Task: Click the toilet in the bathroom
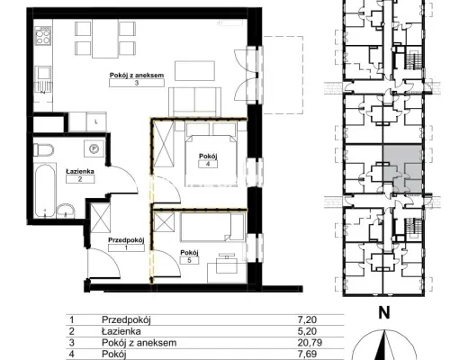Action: click(43, 149)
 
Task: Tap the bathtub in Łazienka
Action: click(45, 190)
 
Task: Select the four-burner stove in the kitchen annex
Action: click(43, 35)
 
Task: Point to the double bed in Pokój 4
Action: click(211, 160)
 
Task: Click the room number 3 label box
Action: click(137, 83)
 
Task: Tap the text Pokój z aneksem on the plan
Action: click(137, 75)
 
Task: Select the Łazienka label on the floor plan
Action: click(80, 171)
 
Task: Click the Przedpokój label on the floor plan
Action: click(126, 240)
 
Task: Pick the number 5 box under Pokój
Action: click(189, 260)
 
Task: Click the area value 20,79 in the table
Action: click(308, 342)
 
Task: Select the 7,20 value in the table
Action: click(307, 319)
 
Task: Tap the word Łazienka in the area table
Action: click(121, 331)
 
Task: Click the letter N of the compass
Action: click(384, 313)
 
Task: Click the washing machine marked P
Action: click(94, 148)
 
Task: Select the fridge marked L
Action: click(96, 121)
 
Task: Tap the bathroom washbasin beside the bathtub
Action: click(66, 211)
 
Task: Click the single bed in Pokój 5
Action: click(211, 227)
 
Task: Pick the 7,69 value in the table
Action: click(307, 354)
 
